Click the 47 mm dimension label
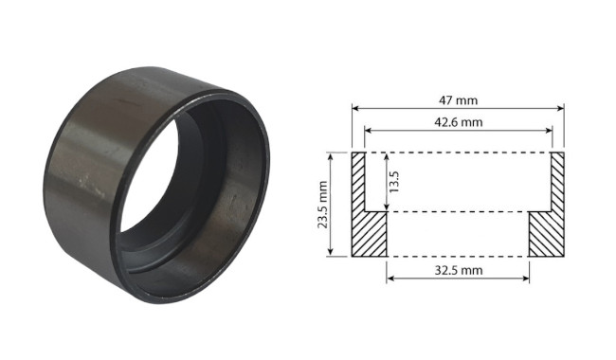coord(458,100)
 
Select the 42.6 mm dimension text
coord(458,122)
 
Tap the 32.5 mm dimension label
coord(458,270)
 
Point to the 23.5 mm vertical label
coord(323,204)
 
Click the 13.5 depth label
coord(394,181)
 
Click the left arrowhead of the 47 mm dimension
coord(355,108)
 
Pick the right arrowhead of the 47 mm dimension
coord(561,108)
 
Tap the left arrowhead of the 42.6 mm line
coord(369,130)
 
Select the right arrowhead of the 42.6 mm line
coord(549,130)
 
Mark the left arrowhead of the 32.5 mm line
coord(390,279)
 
